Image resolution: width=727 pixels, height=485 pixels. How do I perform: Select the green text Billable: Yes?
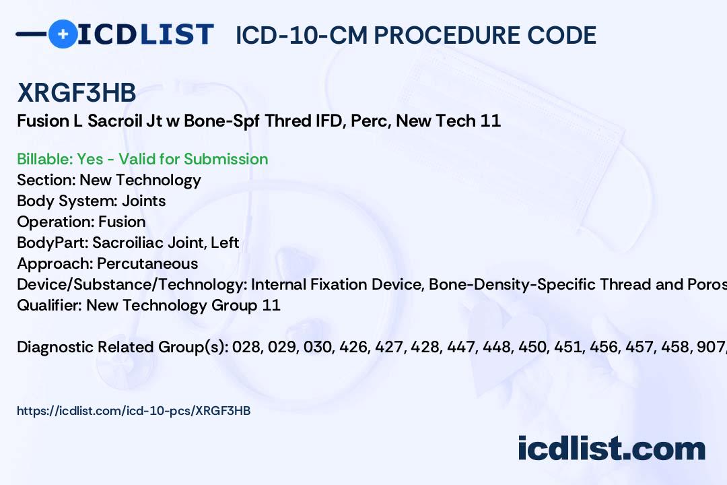(61, 159)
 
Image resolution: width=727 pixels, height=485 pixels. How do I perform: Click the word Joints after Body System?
(143, 201)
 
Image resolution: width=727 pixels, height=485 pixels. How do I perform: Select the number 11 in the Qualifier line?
(271, 305)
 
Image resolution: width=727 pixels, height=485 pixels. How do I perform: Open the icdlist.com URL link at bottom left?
(133, 410)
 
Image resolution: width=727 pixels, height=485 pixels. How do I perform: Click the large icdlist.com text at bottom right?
(611, 449)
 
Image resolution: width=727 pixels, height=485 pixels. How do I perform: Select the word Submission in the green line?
(226, 159)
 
